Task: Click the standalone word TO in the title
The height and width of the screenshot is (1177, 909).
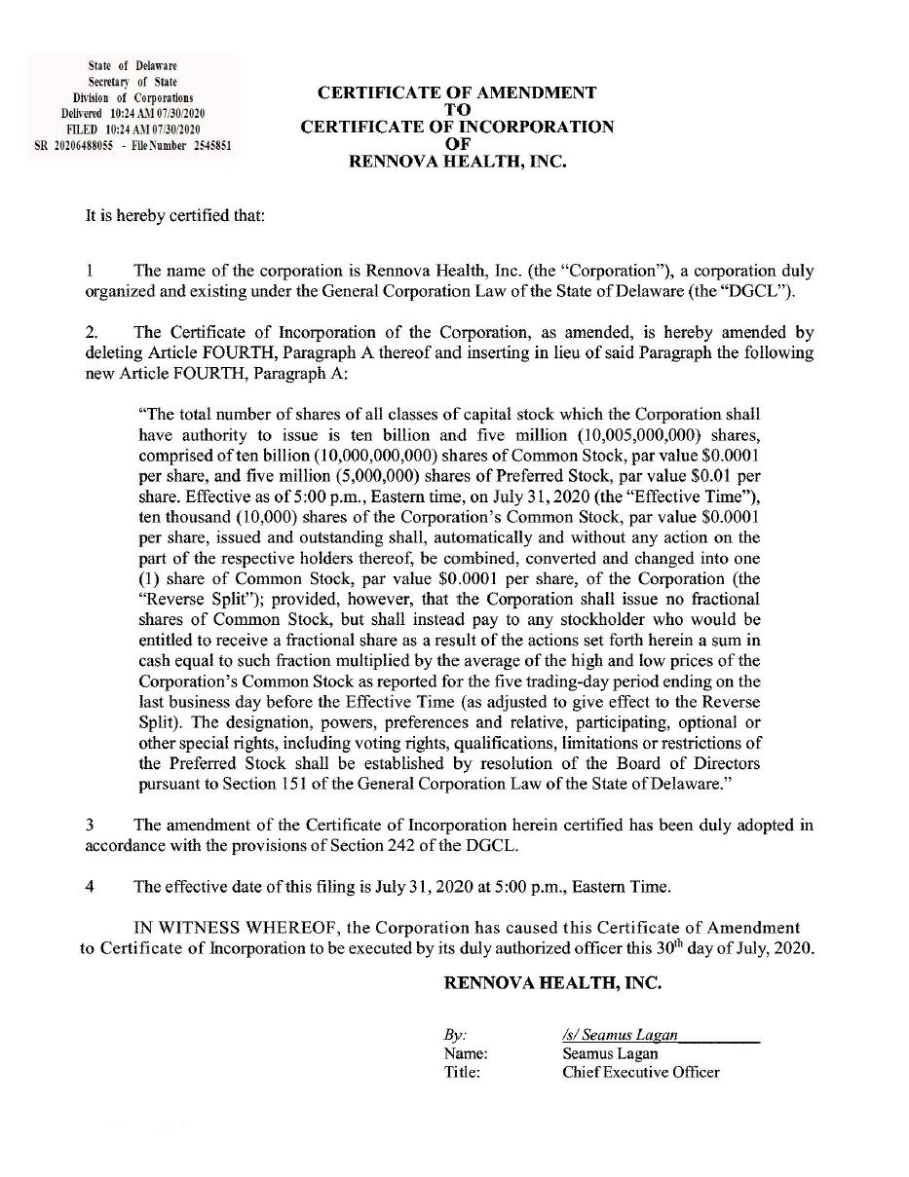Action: tap(457, 110)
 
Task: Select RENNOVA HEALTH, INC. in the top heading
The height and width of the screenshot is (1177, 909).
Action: tap(457, 163)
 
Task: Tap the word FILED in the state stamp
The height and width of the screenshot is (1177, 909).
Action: tap(82, 129)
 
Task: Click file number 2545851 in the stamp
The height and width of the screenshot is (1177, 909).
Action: tap(205, 145)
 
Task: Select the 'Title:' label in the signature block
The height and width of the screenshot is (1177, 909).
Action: tap(462, 1072)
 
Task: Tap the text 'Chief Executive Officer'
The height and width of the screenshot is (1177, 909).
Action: tap(640, 1072)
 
